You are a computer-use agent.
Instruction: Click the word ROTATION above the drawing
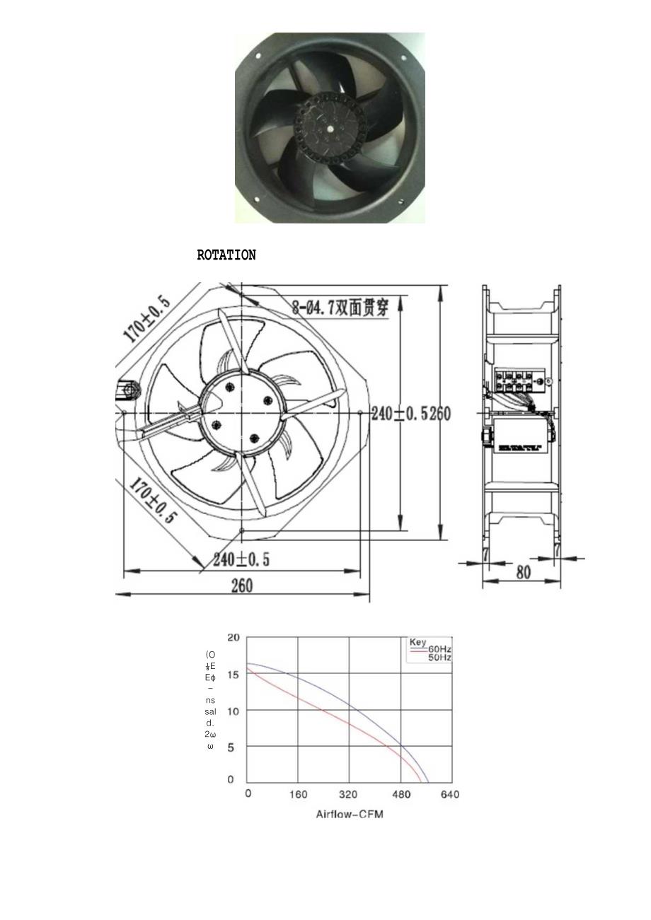[x=226, y=255]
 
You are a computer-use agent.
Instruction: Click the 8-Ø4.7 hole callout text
[x=340, y=308]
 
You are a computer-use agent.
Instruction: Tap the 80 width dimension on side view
[x=523, y=573]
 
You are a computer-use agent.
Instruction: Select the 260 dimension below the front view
[x=241, y=586]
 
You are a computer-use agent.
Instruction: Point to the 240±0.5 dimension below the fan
[x=241, y=559]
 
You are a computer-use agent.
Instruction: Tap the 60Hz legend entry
[x=439, y=649]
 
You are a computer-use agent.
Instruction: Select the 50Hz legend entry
[x=439, y=658]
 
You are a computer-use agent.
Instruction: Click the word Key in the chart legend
[x=418, y=642]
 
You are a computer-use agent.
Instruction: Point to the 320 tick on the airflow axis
[x=349, y=794]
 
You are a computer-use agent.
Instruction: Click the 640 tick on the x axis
[x=450, y=794]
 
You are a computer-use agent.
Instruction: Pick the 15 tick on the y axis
[x=232, y=674]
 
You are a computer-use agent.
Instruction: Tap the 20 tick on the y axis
[x=233, y=637]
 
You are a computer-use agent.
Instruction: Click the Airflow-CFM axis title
[x=349, y=814]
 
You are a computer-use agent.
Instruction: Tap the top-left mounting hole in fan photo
[x=258, y=57]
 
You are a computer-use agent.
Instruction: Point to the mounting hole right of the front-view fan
[x=361, y=412]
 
